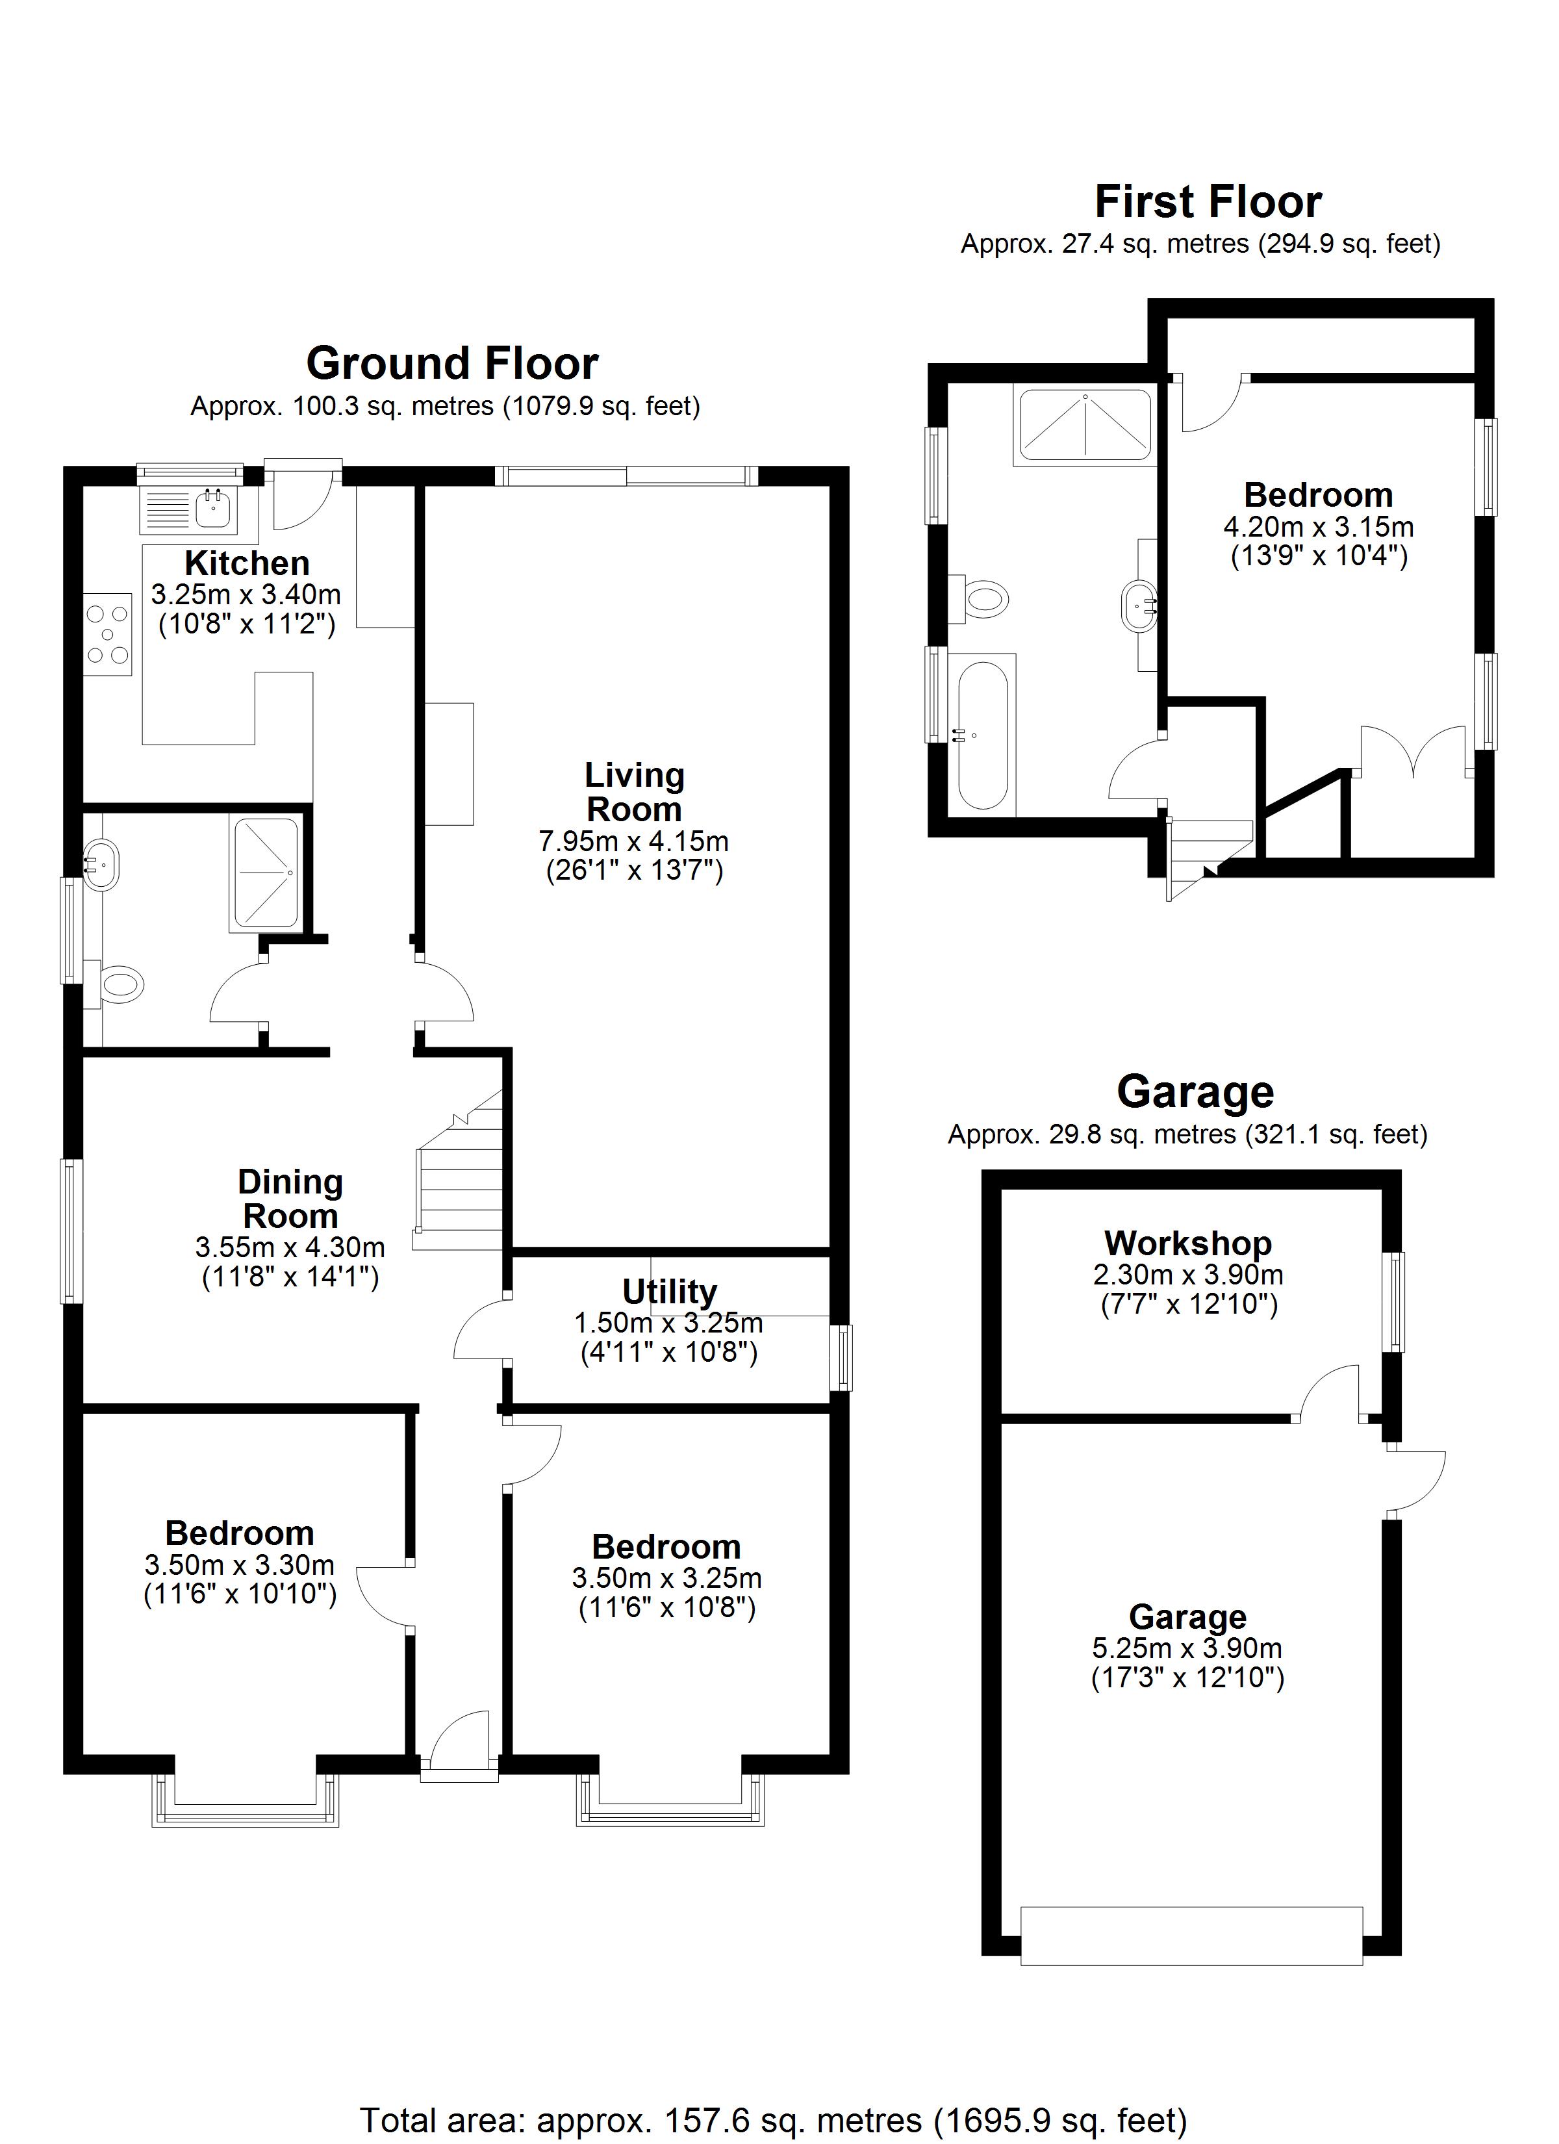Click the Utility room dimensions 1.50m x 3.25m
click(668, 1323)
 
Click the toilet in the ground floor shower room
click(120, 985)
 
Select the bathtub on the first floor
click(983, 735)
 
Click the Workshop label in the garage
click(1187, 1242)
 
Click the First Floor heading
click(1208, 201)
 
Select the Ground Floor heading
click(452, 363)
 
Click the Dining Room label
click(290, 1199)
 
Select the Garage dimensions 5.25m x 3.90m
click(1187, 1648)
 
